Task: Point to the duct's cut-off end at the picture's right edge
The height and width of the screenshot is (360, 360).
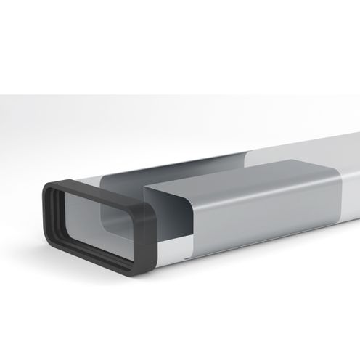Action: coord(357,174)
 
